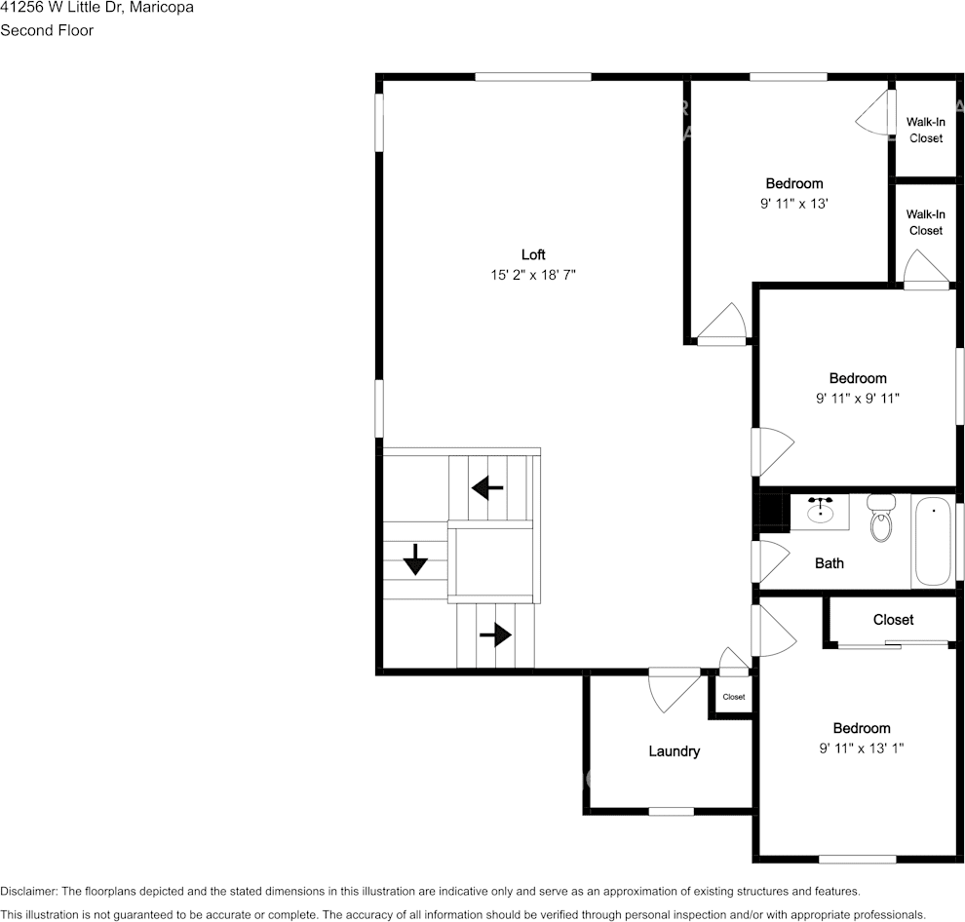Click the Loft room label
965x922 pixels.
click(x=533, y=255)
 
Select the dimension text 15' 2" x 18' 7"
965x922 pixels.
click(x=533, y=276)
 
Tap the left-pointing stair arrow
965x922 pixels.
click(x=487, y=485)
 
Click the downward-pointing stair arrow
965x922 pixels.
click(x=415, y=559)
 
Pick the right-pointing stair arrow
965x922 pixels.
click(x=495, y=635)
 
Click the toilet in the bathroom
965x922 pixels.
click(x=881, y=519)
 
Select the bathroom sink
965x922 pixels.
click(x=820, y=511)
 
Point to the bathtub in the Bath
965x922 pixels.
click(x=934, y=541)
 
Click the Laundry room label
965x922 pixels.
click(x=675, y=751)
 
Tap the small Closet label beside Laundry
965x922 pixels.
click(x=733, y=697)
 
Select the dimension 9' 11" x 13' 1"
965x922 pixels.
click(x=862, y=749)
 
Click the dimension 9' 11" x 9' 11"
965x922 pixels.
click(x=858, y=398)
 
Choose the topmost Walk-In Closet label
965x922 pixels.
click(x=925, y=130)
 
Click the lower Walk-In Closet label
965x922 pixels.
click(x=925, y=222)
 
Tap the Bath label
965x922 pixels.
click(x=830, y=563)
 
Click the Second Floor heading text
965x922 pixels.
click(x=47, y=30)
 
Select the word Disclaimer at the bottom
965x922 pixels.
click(x=29, y=891)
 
